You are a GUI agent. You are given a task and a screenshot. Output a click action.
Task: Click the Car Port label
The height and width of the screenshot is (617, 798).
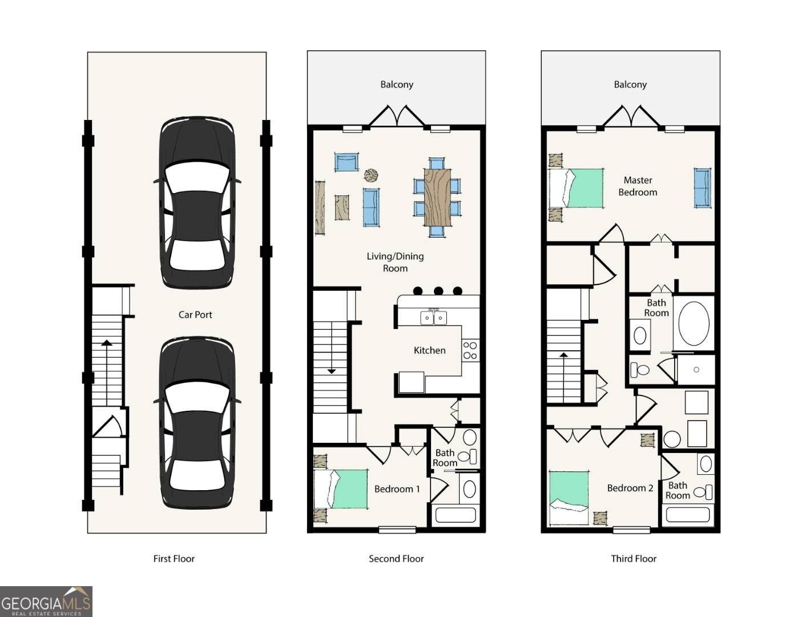point(195,315)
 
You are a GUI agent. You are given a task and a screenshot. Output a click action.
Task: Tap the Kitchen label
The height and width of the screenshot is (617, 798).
point(429,350)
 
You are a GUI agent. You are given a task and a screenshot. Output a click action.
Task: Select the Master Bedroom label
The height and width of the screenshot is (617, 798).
point(638,186)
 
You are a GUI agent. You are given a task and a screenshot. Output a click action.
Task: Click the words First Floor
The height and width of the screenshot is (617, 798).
point(174,559)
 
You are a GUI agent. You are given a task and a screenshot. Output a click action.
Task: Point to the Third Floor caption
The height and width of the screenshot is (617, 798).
point(634,559)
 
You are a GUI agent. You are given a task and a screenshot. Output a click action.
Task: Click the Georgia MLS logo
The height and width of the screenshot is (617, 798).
point(46,602)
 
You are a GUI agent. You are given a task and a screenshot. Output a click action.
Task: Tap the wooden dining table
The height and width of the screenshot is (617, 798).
point(437,197)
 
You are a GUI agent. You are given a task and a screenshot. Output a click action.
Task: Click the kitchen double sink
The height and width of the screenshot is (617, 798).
point(433,318)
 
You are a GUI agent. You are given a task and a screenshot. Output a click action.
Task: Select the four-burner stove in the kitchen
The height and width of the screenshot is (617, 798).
point(470,350)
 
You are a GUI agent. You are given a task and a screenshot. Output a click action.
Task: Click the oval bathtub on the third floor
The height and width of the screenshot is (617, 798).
point(694,323)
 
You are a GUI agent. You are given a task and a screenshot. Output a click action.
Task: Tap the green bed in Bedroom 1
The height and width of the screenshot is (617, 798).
point(340,489)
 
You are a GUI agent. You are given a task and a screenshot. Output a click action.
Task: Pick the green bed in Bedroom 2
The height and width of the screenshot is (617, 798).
point(569,498)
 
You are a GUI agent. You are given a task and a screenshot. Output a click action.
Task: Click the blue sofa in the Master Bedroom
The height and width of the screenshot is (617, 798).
point(702,188)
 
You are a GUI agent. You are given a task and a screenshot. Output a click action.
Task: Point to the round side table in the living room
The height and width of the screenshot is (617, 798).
point(371,175)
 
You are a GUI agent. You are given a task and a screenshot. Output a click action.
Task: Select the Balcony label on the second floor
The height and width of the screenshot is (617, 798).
point(397,85)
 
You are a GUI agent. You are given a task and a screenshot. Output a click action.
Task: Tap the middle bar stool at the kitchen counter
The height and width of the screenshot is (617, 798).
point(438,291)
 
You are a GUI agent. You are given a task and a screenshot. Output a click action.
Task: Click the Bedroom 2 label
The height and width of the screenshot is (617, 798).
point(630,488)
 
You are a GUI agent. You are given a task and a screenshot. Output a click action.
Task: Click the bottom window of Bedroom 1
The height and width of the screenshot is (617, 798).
point(397,530)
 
